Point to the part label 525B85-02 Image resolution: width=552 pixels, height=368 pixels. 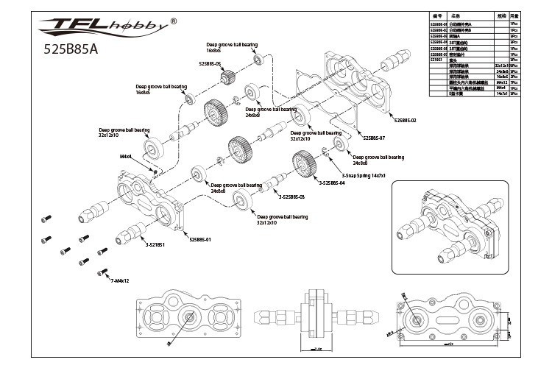[x=406, y=119]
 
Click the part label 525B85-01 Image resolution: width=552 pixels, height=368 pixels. [x=199, y=239]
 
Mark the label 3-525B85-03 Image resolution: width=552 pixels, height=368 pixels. [x=292, y=197]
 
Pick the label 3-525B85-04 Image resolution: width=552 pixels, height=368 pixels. [x=332, y=183]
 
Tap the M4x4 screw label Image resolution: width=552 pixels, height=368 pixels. [x=126, y=157]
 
